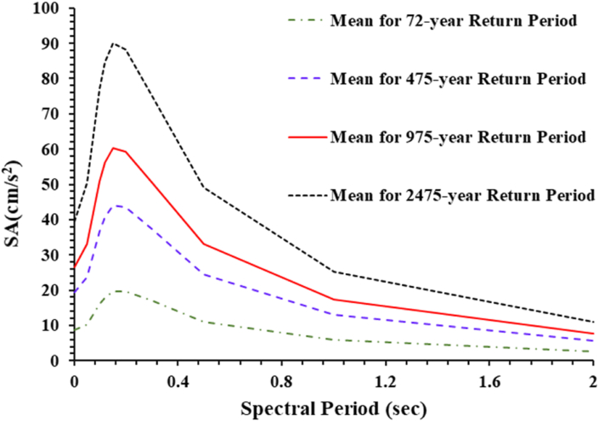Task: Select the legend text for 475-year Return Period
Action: (457, 79)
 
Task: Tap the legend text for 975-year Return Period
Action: (457, 137)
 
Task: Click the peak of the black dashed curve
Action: (113, 42)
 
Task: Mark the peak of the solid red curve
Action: (113, 148)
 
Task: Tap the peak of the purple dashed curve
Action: (118, 205)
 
